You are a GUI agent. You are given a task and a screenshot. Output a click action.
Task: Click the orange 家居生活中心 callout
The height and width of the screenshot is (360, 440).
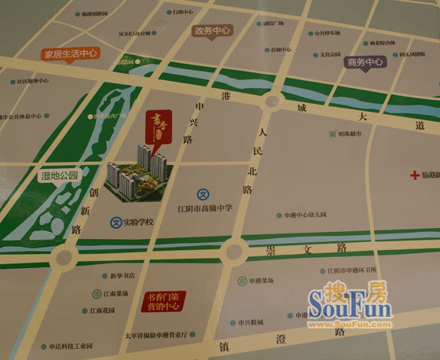(70, 54)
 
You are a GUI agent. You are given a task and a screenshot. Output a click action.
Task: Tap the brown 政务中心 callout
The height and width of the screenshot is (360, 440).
(212, 31)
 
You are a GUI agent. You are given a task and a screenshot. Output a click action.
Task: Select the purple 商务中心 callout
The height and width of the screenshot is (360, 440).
(365, 61)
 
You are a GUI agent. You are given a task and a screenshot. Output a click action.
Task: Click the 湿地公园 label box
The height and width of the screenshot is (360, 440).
(60, 177)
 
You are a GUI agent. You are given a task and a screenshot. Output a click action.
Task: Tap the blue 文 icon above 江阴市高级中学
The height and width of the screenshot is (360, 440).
(202, 193)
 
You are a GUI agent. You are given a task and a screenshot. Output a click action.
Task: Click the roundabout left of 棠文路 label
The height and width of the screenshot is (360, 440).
(233, 252)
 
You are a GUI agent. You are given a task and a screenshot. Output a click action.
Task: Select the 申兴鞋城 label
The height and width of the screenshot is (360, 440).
(251, 322)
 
